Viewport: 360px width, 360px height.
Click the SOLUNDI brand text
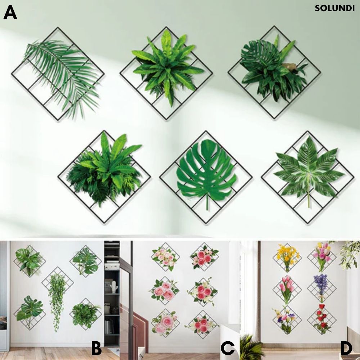pyautogui.click(x=334, y=8)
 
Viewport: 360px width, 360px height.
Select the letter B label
pyautogui.click(x=96, y=348)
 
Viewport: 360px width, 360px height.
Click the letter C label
pyautogui.click(x=228, y=348)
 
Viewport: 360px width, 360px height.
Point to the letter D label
pyautogui.click(x=346, y=348)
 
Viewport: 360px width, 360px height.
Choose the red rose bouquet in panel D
pyautogui.click(x=321, y=319)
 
